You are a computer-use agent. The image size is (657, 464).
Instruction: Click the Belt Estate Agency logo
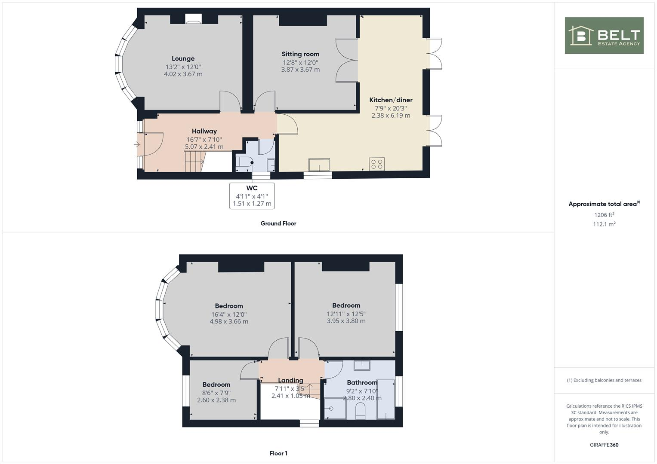[604, 36]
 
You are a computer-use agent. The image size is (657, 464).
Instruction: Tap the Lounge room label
[183, 58]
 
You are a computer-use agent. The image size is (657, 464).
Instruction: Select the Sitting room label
[300, 54]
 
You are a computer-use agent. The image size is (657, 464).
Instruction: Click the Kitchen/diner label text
[391, 100]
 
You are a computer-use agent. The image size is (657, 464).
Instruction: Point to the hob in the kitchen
[376, 164]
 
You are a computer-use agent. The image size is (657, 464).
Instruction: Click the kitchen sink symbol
[319, 165]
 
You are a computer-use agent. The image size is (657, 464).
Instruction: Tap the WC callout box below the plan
[252, 195]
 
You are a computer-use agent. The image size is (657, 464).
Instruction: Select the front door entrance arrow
[137, 145]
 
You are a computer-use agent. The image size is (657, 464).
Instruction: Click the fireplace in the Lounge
[193, 18]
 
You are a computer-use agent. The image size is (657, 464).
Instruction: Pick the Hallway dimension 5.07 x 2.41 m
[204, 147]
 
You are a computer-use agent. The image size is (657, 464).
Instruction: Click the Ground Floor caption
[278, 223]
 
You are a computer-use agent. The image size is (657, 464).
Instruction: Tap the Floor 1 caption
[278, 453]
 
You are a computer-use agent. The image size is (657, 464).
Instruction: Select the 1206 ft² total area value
[604, 215]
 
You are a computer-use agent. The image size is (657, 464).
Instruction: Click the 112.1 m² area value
[604, 224]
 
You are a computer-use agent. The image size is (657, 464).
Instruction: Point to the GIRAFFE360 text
[604, 445]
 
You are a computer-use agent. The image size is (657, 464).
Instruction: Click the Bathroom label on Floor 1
[362, 382]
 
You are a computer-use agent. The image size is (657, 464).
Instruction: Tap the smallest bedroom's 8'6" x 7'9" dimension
[216, 393]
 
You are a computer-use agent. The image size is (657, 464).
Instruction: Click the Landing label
[290, 380]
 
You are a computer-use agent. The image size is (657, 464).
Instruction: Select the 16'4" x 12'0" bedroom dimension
[229, 314]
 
